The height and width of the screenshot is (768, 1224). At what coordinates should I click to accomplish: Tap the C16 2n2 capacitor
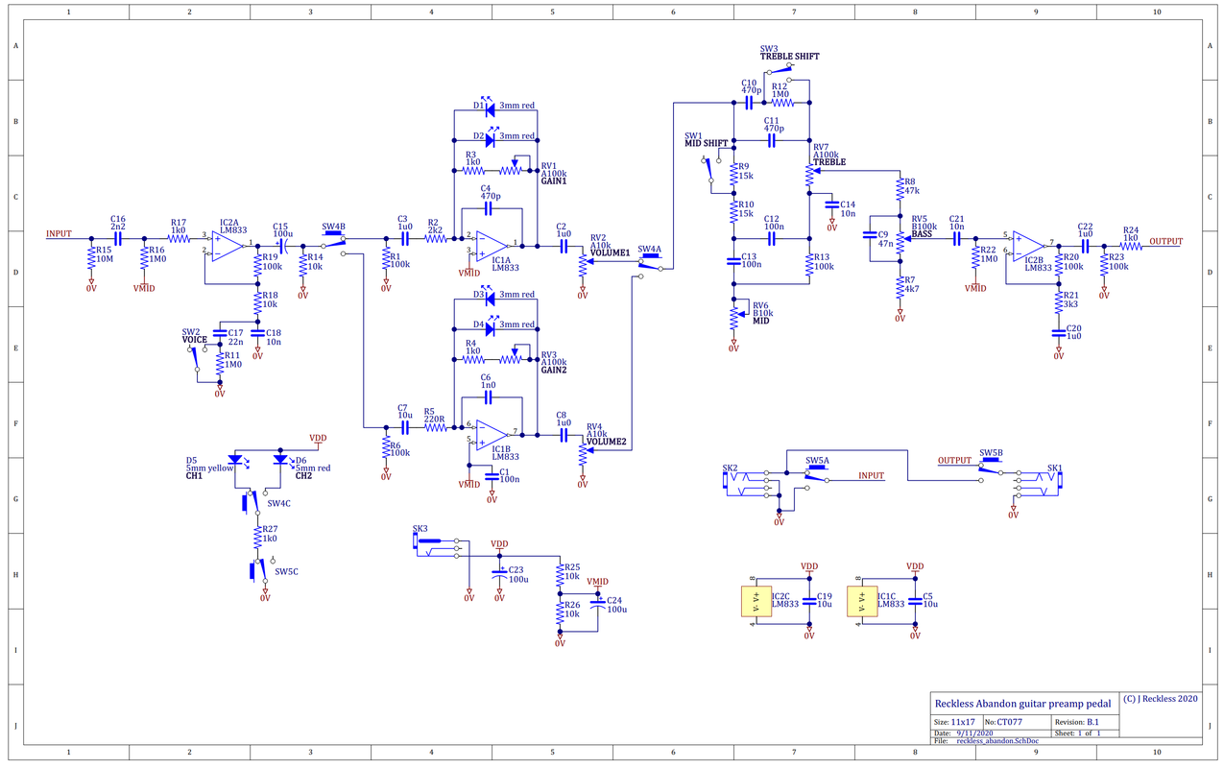(x=117, y=238)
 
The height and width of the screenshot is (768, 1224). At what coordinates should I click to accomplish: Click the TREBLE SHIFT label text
(x=789, y=57)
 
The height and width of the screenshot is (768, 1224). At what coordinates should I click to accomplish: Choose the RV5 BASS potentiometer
(x=900, y=236)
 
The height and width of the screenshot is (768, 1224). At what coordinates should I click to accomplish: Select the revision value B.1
(x=1092, y=721)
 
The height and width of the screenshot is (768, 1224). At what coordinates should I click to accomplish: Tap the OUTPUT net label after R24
(x=1165, y=241)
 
